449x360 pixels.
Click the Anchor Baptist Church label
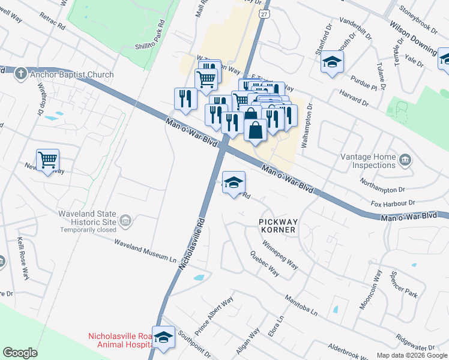(x=73, y=75)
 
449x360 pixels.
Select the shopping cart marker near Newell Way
(x=47, y=160)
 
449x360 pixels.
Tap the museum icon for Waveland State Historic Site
(x=125, y=222)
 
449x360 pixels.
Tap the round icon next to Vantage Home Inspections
(x=405, y=160)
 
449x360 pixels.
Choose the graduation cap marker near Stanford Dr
(x=332, y=62)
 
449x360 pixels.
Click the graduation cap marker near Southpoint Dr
(x=163, y=337)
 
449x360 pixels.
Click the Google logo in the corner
(x=20, y=353)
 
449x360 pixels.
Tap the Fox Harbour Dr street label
(x=393, y=203)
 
